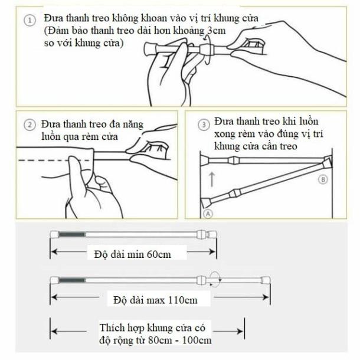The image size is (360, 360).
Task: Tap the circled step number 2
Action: pos(28,126)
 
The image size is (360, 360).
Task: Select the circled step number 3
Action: pos(204,125)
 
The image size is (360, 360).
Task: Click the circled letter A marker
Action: pos(208,213)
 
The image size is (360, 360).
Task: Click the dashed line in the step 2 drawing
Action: pos(41,160)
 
